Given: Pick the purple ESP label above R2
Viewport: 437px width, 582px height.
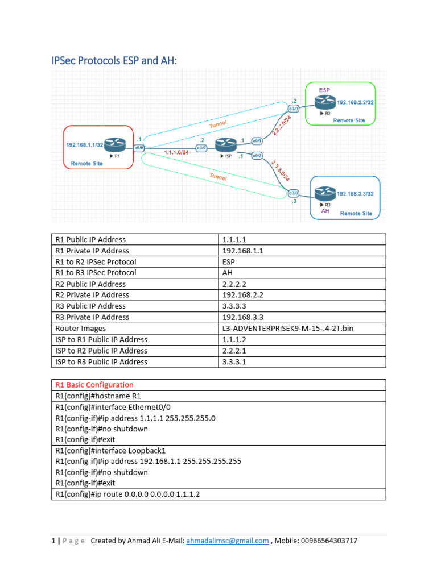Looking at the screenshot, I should click(324, 90).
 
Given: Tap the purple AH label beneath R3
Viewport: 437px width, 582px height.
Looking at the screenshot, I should click(325, 211).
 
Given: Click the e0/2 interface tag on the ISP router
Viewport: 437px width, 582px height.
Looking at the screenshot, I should click(257, 155).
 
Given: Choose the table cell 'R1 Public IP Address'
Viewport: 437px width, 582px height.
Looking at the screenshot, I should click(90, 240).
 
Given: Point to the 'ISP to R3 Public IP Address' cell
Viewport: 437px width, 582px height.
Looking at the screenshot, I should click(101, 361).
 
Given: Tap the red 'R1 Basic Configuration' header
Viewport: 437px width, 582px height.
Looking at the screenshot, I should click(94, 385).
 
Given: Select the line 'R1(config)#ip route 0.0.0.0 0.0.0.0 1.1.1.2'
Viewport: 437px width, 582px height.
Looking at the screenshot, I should click(127, 494).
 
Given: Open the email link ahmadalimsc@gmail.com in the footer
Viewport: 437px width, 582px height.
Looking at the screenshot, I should click(228, 541).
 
